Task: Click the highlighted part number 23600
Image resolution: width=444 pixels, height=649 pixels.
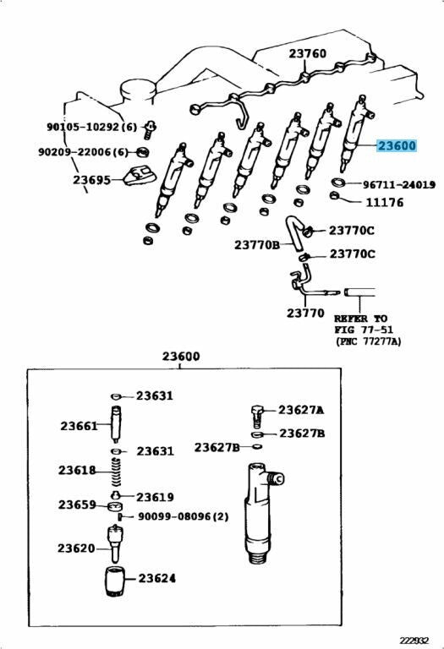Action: click(397, 145)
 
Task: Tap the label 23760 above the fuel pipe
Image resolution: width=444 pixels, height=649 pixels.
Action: click(307, 53)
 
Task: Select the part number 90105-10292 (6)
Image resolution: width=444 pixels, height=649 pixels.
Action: click(91, 127)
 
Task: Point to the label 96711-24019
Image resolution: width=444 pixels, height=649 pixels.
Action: click(399, 184)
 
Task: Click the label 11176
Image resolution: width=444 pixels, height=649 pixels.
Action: click(384, 203)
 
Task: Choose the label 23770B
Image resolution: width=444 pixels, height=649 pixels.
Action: click(257, 244)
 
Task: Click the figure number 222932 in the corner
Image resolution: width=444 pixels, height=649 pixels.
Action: click(414, 640)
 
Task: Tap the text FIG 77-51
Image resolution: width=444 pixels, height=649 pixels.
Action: click(364, 330)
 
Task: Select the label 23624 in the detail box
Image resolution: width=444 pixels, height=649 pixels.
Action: click(156, 578)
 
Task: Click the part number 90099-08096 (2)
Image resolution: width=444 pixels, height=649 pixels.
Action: click(183, 516)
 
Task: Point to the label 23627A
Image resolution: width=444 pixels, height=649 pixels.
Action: click(301, 410)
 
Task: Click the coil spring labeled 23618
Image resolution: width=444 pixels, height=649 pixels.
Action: click(117, 472)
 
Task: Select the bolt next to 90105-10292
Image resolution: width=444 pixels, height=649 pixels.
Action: click(150, 129)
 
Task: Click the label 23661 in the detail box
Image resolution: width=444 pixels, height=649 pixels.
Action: click(79, 426)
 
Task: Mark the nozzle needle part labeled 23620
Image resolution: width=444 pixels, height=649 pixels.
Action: click(116, 543)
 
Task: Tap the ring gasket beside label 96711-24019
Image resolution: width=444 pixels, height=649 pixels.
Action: click(340, 182)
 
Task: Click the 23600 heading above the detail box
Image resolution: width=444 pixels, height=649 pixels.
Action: click(181, 356)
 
